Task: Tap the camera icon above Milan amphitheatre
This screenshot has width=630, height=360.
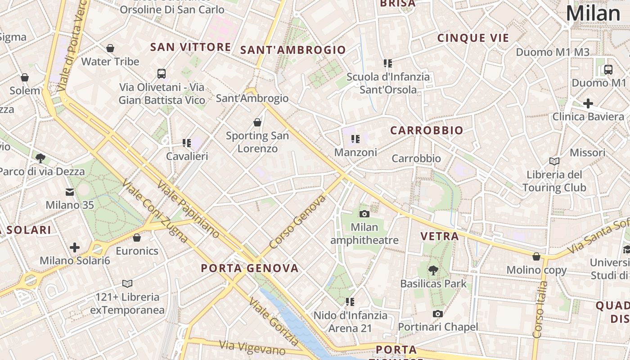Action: (364, 214)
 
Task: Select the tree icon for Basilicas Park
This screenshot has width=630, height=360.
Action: (433, 270)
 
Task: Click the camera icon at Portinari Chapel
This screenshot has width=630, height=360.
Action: (437, 314)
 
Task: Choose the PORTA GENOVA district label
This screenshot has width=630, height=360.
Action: (250, 269)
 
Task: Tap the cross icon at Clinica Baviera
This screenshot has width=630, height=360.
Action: (588, 103)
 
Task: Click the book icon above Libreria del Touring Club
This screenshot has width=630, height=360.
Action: (554, 161)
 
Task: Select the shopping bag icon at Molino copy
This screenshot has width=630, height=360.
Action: (536, 256)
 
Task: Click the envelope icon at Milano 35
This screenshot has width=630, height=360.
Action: (70, 192)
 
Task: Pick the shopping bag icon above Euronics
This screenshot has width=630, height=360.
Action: (137, 238)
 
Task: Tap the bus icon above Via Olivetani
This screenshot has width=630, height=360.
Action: (162, 73)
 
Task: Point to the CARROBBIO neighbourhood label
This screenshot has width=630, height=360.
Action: (427, 130)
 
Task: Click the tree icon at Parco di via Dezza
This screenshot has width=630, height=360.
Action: (40, 158)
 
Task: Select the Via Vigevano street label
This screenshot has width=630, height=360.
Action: (252, 348)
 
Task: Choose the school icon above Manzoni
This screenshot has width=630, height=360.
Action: (355, 139)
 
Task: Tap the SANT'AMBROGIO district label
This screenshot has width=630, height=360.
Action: (293, 50)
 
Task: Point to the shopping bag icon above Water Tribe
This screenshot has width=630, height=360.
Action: (110, 48)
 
